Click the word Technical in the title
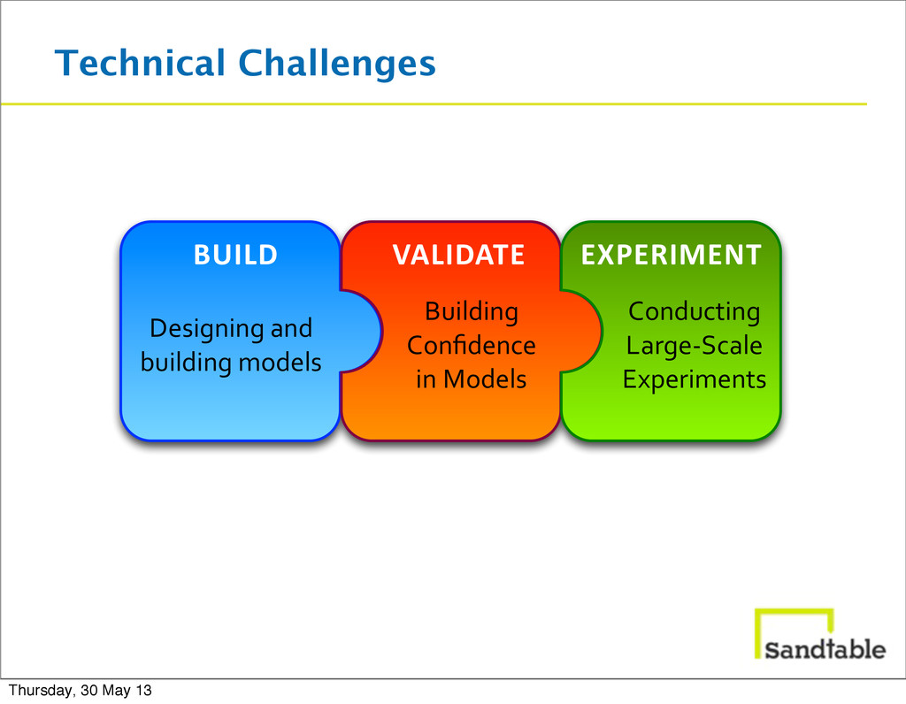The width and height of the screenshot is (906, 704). pos(140,63)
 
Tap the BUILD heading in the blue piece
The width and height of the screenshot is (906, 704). pos(235,255)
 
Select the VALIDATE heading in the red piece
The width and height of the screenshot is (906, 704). pos(459,255)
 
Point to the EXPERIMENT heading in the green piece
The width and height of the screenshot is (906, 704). pos(672,255)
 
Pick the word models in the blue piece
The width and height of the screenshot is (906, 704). pos(280,362)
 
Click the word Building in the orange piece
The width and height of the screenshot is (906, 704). pos(472,312)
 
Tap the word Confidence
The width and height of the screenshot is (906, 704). pos(472,345)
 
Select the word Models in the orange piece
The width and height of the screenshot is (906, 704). pos(485,379)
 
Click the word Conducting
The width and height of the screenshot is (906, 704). pos(694,312)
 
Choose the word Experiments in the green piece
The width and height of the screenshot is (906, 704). pos(694,380)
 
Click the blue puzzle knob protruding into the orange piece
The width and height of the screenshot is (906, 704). pos(362,332)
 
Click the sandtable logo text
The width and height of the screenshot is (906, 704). pos(825,649)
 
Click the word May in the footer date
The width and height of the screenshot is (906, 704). pos(116,691)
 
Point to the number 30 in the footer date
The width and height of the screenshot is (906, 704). pos(89,690)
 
